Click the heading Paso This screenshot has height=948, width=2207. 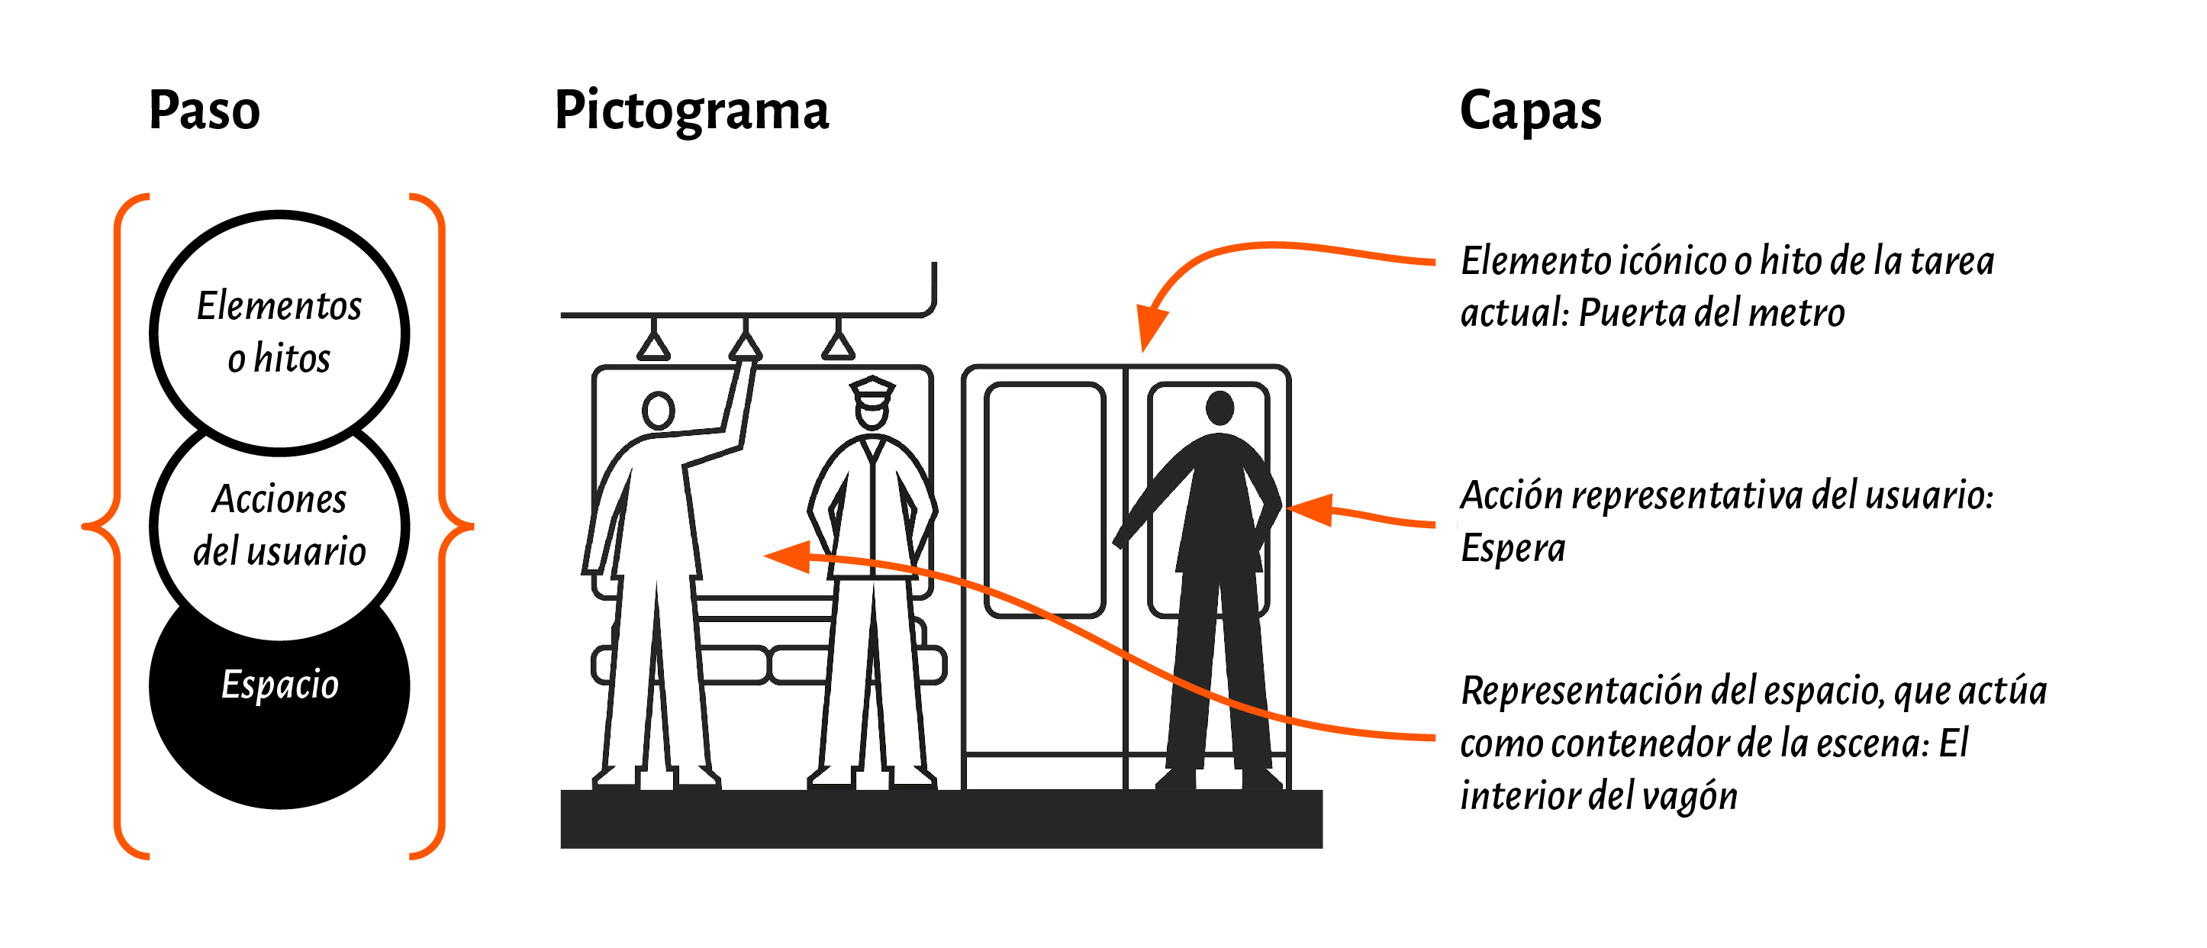click(204, 111)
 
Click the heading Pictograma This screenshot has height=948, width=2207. click(691, 111)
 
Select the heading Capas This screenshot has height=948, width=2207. click(1530, 111)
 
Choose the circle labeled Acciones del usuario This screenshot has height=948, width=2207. click(279, 524)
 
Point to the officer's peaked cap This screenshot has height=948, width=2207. click(872, 389)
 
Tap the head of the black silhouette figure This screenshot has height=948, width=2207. click(1219, 407)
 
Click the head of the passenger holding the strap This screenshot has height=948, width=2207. click(658, 411)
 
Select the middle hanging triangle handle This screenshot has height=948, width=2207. click(746, 347)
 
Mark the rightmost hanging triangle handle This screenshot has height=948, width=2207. click(838, 347)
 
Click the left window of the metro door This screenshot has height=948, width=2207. click(1045, 500)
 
